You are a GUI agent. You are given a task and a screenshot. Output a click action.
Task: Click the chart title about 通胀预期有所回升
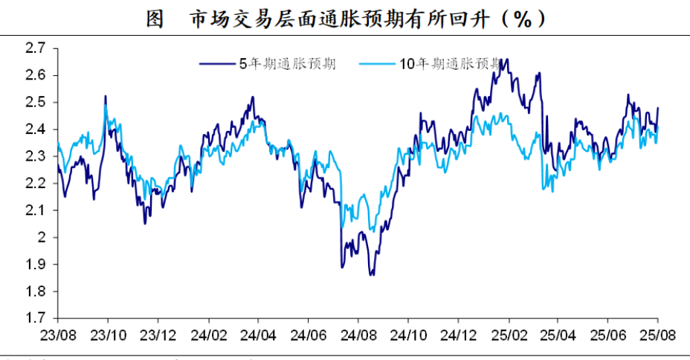(x=344, y=19)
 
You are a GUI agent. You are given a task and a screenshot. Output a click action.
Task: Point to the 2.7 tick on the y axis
(x=36, y=48)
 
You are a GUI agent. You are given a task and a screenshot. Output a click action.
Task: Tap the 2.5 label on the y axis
(x=36, y=103)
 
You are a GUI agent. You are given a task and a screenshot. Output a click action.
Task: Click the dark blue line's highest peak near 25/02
(x=506, y=60)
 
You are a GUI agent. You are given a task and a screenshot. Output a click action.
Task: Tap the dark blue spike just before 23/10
(x=106, y=96)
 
